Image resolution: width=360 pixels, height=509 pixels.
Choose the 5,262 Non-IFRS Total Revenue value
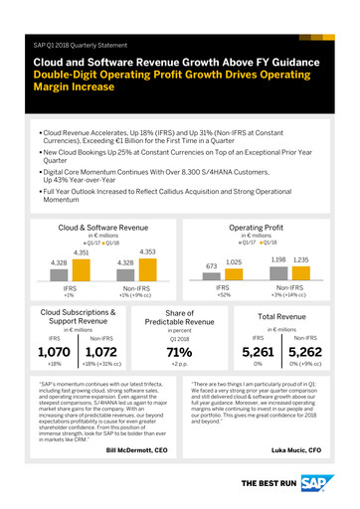[x=304, y=378]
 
